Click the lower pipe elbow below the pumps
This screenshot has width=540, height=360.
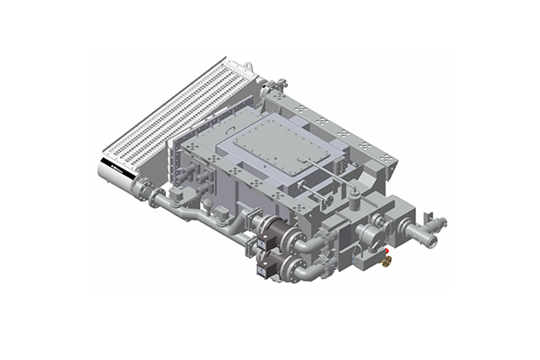click(x=305, y=275)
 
